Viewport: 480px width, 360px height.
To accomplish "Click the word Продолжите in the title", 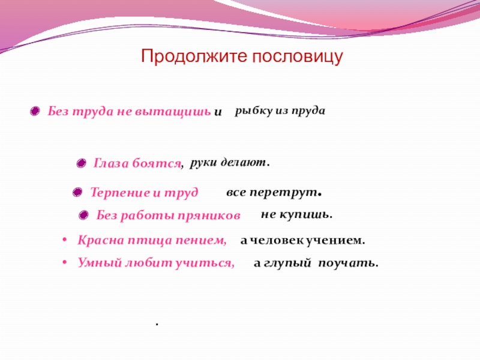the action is pos(194,56).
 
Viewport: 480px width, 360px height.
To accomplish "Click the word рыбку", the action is pos(254,110).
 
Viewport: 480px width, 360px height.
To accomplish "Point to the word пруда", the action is pos(308,111).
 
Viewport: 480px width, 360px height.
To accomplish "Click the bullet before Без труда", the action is pos(35,111).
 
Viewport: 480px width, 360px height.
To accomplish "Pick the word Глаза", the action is pos(111,163).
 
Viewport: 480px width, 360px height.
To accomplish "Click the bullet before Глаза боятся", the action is pos(81,163).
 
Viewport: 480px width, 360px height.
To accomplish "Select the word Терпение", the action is pos(121,193).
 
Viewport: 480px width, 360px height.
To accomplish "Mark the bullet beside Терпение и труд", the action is pos(77,193).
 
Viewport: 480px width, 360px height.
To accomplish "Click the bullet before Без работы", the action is pos(83,215).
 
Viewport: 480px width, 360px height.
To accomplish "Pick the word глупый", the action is pos(287,263).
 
